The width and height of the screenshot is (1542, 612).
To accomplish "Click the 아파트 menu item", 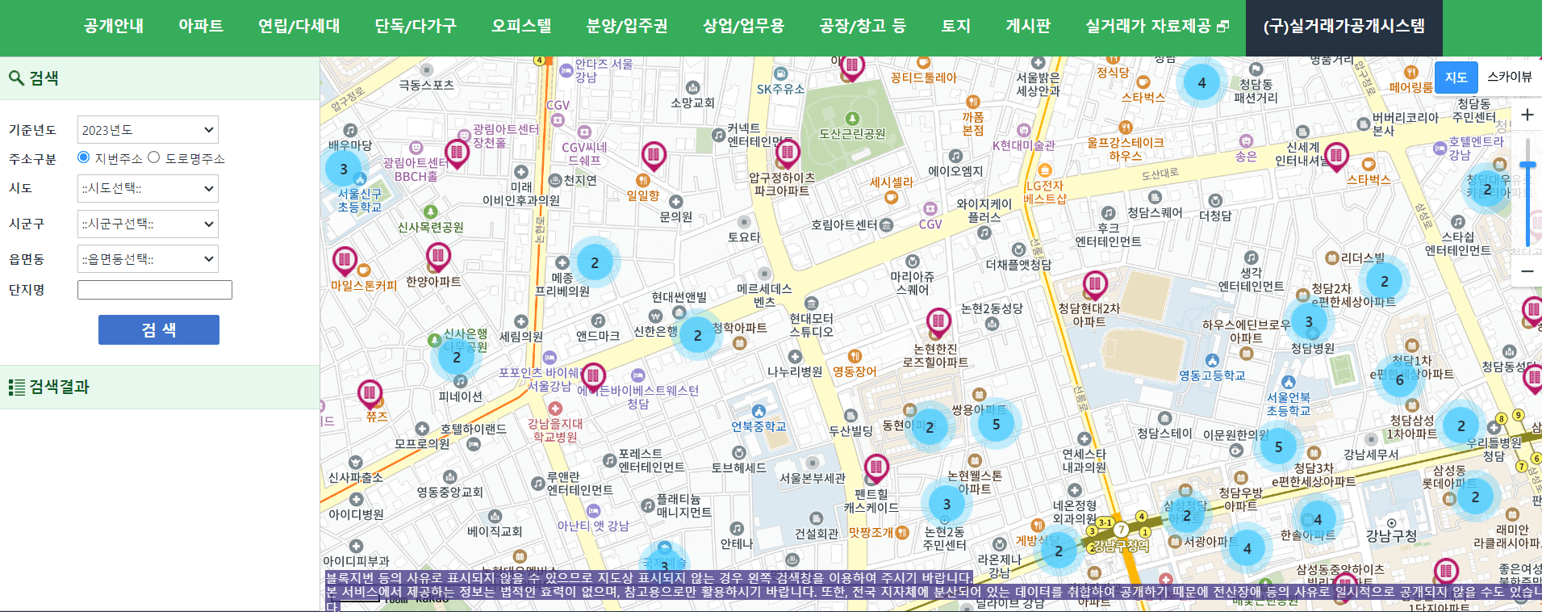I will coord(200,26).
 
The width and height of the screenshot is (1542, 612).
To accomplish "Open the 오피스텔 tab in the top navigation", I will coord(521,26).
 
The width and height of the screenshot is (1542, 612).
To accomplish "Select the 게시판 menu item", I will coord(1027,26).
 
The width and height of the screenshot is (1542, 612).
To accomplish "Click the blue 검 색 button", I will coord(158,329).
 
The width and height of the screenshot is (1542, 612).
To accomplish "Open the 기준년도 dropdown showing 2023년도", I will coord(148,130).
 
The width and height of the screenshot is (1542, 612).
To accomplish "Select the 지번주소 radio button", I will coord(83,157).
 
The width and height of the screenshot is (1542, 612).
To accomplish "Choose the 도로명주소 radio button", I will coord(154,157).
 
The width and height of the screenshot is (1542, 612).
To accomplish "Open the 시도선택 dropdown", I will coord(148,189).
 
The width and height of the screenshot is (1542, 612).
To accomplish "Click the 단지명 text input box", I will coord(154,290).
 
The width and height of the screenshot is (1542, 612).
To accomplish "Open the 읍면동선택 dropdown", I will coord(148,259).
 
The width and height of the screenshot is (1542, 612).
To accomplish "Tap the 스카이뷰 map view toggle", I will coord(1509,77).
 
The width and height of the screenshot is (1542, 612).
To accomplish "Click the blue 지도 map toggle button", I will coord(1456,77).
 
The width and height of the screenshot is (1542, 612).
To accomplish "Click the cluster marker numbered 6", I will coord(1400,379).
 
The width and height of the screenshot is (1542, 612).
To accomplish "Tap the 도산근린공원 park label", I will coord(852,133).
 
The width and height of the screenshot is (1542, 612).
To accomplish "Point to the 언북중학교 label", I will coord(758,425).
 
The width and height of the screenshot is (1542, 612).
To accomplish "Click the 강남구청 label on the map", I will coord(1391,535).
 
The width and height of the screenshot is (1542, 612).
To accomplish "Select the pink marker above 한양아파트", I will coord(438,257).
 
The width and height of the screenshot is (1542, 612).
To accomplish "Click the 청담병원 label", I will coord(1312,348).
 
